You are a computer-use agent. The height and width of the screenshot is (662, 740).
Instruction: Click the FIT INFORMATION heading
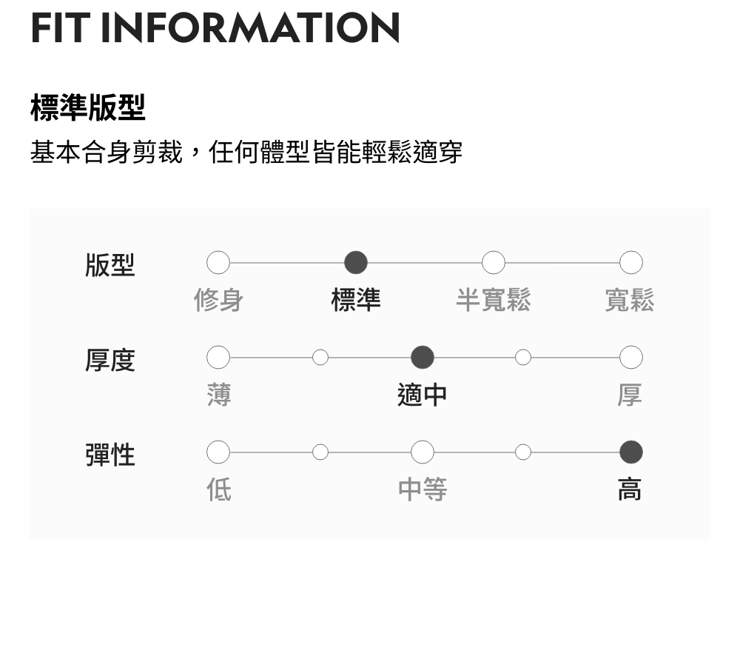[x=215, y=27]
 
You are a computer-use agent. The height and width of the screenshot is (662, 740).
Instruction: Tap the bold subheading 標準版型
[x=87, y=108]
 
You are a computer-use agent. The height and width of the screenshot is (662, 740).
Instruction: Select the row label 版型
[x=110, y=264]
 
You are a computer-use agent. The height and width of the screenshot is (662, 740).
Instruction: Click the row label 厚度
[x=110, y=360]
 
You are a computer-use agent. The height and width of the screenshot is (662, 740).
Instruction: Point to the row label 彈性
[x=110, y=454]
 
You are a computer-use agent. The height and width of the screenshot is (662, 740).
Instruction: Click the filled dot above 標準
[x=356, y=262]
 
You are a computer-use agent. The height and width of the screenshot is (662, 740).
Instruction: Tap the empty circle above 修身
[x=218, y=262]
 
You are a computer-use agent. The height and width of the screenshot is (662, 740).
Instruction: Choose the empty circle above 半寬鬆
[x=494, y=262]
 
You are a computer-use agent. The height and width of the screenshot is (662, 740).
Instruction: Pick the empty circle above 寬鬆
[x=630, y=262]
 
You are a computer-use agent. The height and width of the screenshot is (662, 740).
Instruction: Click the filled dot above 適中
[x=423, y=358]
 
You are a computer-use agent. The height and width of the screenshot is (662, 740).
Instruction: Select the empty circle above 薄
[x=218, y=358]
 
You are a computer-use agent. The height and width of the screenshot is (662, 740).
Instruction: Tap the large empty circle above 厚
[x=630, y=358]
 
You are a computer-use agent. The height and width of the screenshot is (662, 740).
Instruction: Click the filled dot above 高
[x=630, y=452]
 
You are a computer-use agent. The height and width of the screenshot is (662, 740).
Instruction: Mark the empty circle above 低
[x=218, y=452]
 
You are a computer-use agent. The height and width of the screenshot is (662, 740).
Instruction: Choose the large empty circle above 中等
[x=423, y=452]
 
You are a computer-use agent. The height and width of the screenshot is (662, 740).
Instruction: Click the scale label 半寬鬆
[x=494, y=300]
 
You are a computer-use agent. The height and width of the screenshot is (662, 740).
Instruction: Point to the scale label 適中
[x=423, y=395]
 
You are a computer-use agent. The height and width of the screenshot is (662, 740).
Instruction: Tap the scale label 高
[x=630, y=489]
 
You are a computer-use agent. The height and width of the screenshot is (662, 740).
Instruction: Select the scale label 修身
[x=218, y=300]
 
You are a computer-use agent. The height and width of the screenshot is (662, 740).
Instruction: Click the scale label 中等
[x=423, y=489]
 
